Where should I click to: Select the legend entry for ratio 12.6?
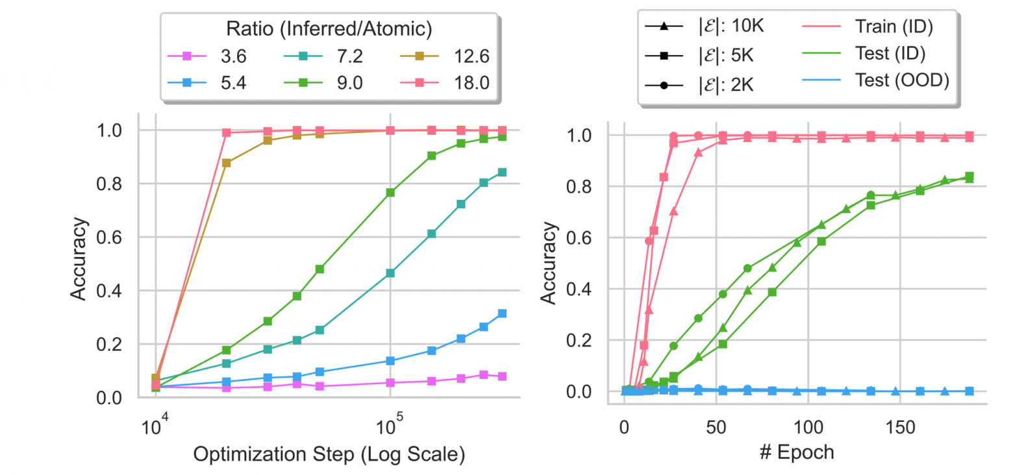pyautogui.click(x=447, y=56)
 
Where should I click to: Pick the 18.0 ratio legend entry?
pyautogui.click(x=447, y=84)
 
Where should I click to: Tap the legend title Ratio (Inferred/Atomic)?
pyautogui.click(x=330, y=29)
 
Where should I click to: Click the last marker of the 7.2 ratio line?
pyautogui.click(x=502, y=172)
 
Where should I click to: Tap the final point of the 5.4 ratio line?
pyautogui.click(x=502, y=313)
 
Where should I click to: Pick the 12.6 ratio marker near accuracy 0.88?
pyautogui.click(x=226, y=163)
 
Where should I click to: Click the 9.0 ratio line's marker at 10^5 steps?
pyautogui.click(x=390, y=192)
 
